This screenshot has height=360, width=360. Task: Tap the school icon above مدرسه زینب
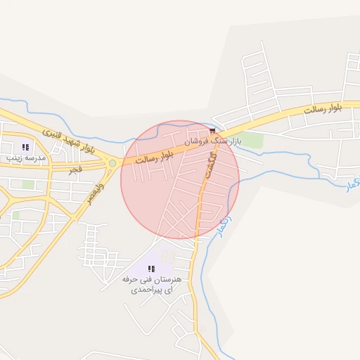click(25, 148)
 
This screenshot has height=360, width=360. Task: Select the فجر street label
click(75, 169)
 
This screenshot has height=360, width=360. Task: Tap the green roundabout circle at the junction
click(112, 163)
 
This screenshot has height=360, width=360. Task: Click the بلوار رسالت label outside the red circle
click(328, 108)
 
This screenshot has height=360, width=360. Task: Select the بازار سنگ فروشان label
click(212, 141)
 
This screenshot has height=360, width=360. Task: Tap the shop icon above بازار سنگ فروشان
click(212, 131)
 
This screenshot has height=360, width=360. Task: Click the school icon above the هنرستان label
click(151, 268)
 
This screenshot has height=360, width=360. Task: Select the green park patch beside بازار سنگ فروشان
click(252, 140)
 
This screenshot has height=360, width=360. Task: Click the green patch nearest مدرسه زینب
click(28, 184)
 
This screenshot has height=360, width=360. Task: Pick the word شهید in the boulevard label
click(70, 139)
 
